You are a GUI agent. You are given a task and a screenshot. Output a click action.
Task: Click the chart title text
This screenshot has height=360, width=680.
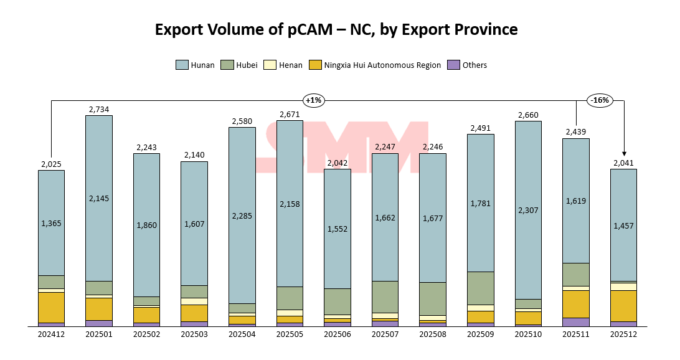(336, 29)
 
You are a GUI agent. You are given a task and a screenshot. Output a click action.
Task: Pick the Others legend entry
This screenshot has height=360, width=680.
(468, 65)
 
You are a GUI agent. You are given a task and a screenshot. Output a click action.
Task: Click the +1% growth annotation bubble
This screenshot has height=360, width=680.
(313, 100)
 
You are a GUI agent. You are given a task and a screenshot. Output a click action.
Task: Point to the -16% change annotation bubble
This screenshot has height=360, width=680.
(600, 100)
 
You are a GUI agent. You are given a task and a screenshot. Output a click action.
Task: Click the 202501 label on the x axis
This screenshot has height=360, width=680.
(99, 334)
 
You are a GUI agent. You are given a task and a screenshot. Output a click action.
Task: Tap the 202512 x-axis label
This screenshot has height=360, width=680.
(624, 334)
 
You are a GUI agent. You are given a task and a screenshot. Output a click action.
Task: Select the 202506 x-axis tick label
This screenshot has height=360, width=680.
(337, 334)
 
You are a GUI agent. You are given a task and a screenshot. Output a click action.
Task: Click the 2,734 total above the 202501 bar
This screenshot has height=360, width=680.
(99, 110)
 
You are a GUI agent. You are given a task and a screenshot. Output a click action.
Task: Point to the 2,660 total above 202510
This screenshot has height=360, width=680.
(528, 115)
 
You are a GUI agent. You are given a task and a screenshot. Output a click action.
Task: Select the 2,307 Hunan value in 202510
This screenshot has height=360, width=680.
(528, 211)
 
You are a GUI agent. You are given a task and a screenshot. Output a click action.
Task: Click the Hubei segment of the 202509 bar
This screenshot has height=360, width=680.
(480, 288)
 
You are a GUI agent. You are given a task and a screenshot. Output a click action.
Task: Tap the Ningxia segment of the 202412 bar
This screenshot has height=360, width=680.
(51, 307)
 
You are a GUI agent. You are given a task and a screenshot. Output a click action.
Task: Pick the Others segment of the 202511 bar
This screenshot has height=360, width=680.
(575, 321)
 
